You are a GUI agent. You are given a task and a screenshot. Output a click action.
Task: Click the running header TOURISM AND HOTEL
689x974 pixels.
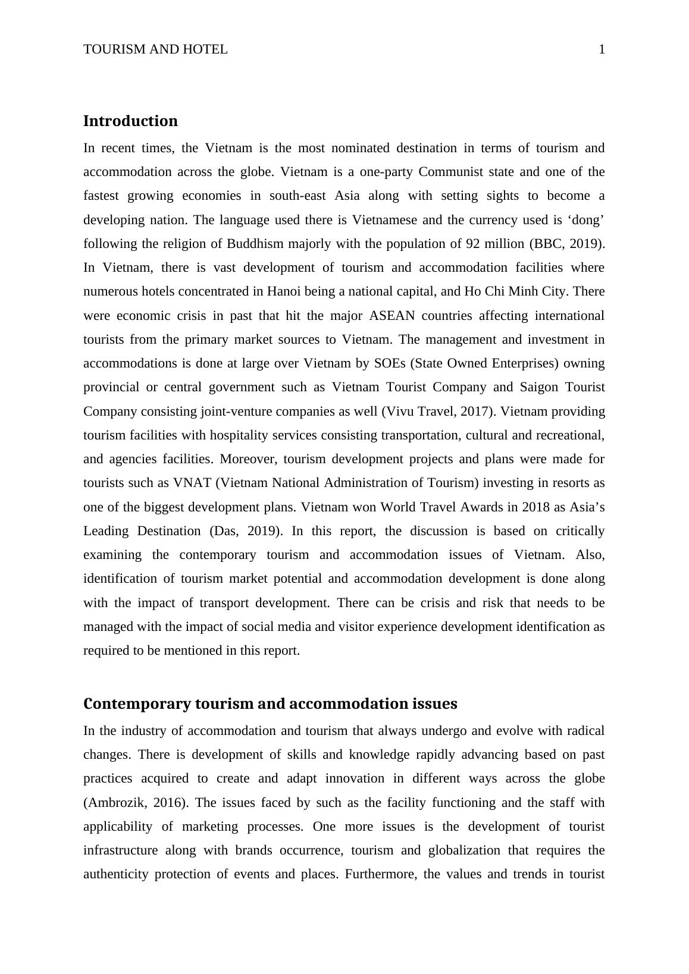tap(155, 49)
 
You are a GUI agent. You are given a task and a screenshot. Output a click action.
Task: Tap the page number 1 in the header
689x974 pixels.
tap(602, 49)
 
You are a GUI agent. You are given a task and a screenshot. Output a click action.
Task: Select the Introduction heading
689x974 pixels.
tap(130, 121)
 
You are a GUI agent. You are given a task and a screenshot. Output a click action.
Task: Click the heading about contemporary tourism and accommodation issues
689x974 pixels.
tap(270, 704)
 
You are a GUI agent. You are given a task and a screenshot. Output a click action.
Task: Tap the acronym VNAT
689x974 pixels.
tap(192, 483)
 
